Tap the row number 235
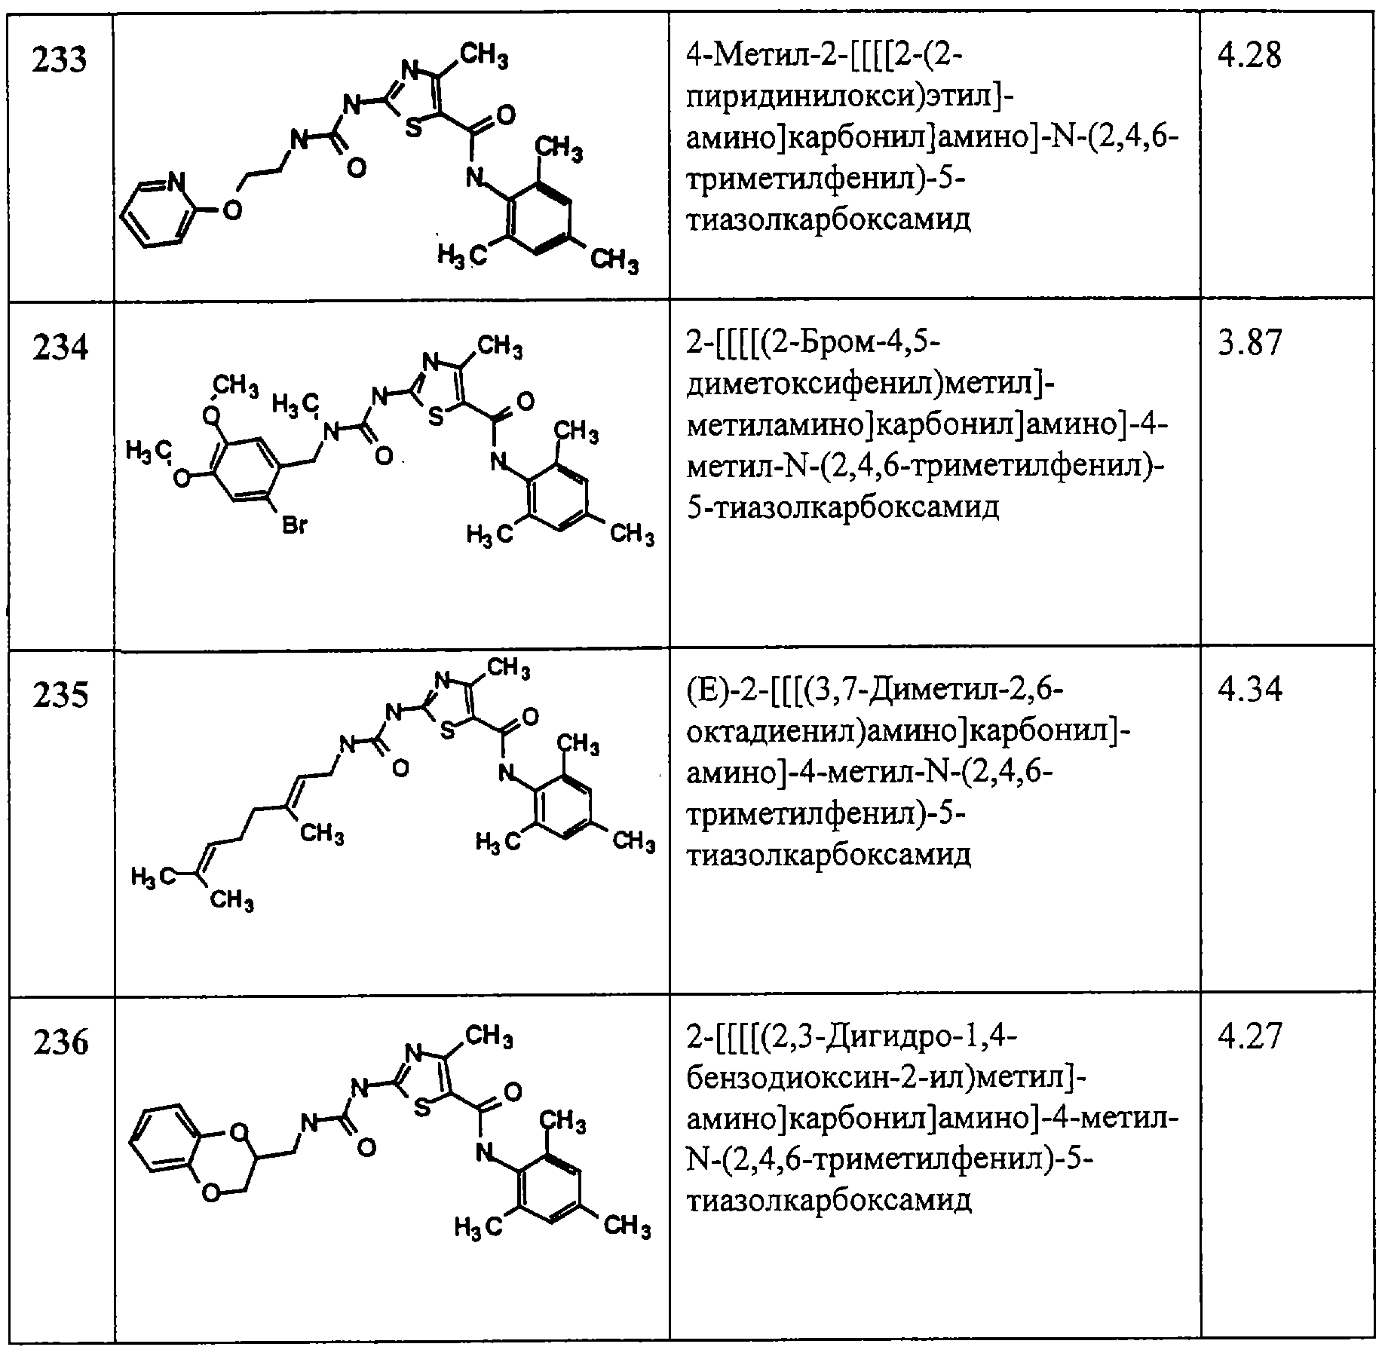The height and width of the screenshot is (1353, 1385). click(x=61, y=695)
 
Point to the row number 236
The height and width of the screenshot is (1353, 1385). click(x=61, y=1042)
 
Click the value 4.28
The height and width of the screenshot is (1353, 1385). click(x=1249, y=57)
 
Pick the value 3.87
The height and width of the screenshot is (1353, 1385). click(x=1249, y=343)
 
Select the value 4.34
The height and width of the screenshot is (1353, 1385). click(x=1249, y=690)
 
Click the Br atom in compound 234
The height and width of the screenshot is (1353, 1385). click(x=294, y=526)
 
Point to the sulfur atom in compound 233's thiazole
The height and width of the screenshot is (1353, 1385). click(x=413, y=128)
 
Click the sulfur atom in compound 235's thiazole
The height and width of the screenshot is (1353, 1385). click(x=446, y=732)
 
